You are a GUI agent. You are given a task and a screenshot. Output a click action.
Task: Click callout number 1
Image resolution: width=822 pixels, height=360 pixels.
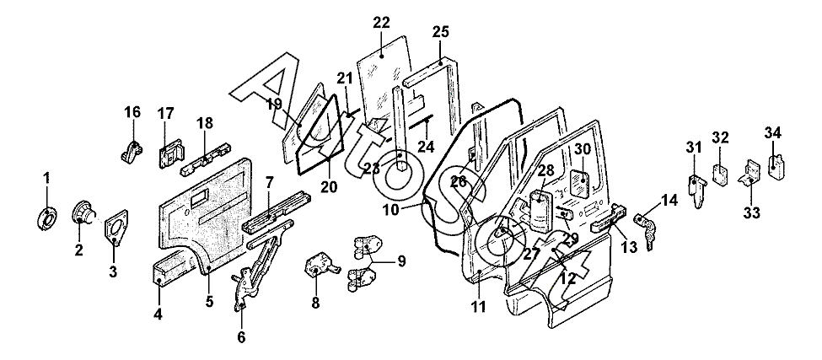46,178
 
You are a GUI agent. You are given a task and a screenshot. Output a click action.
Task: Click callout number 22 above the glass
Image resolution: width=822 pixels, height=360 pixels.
382,23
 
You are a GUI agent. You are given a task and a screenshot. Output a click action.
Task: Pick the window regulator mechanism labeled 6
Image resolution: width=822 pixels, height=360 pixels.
260,267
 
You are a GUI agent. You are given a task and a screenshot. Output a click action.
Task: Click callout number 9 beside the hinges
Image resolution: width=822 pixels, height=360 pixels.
401,261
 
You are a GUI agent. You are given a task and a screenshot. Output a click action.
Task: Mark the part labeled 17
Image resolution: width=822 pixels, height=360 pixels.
171,152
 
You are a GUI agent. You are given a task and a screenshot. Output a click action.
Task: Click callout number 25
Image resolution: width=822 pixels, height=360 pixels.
441,31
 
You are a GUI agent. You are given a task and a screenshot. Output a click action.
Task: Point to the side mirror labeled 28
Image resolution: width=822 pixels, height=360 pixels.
539,211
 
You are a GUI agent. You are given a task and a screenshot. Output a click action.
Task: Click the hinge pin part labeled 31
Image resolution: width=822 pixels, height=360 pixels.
696,191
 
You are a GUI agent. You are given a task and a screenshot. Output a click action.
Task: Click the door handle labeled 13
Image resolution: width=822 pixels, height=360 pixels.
609,218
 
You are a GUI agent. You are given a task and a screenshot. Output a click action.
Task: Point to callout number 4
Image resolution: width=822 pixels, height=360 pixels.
158,315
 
